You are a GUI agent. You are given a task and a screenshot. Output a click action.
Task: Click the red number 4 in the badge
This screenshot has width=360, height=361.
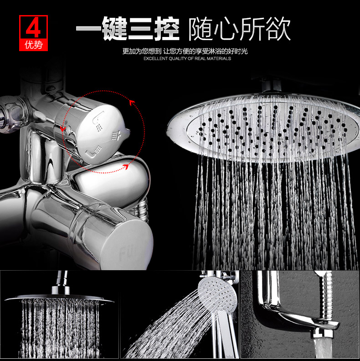(x=33, y=29)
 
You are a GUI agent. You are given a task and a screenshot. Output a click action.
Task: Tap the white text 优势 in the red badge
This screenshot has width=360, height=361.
(x=34, y=45)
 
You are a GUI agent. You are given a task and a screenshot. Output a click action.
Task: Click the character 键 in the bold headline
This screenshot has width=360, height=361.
(x=114, y=29)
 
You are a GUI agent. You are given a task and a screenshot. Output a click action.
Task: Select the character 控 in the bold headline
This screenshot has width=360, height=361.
(x=166, y=29)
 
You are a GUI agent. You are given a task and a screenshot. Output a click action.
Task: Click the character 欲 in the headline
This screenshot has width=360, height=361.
(x=278, y=29)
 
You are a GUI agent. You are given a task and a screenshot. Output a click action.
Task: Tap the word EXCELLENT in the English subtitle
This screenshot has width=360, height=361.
(x=155, y=59)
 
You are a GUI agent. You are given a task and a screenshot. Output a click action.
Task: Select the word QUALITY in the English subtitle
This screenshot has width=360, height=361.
(x=178, y=59)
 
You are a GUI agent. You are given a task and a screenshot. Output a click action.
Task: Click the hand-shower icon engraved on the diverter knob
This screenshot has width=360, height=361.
(x=98, y=121)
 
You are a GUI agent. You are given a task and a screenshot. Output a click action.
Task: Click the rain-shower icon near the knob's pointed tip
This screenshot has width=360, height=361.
(x=116, y=136)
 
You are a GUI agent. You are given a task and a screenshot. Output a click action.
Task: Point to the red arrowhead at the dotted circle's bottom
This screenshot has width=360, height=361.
(x=125, y=167)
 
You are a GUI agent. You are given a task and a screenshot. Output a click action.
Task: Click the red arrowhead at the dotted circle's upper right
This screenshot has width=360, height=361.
(x=132, y=103)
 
